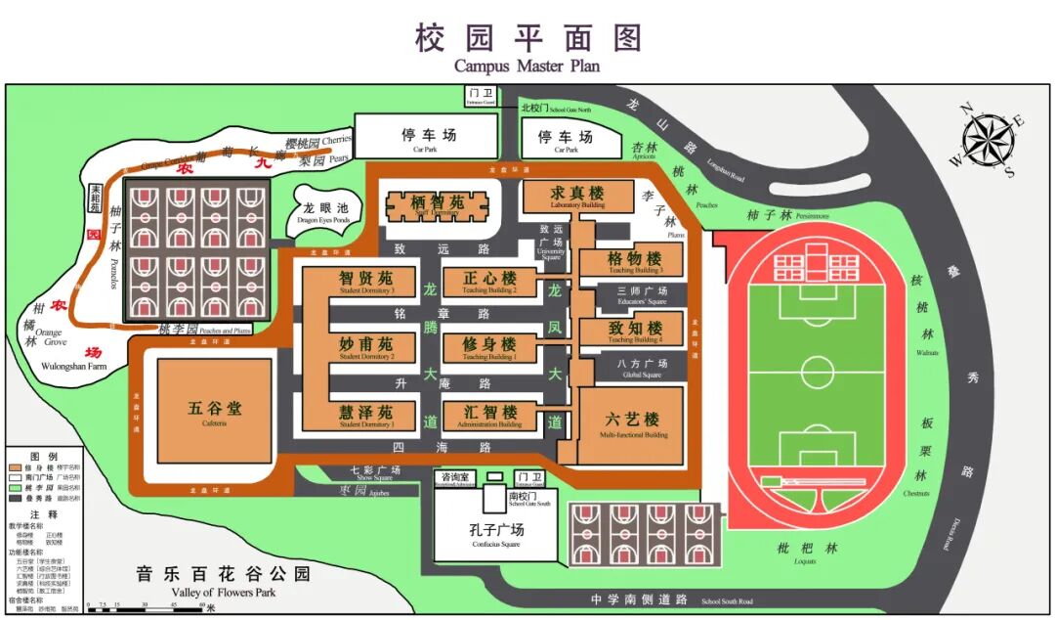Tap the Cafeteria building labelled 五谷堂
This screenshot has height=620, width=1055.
pos(215,412)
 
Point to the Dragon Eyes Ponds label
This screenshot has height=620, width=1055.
pos(323,214)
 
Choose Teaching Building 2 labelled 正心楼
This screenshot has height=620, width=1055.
pos(488,282)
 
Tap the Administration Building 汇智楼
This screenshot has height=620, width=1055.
pos(489,415)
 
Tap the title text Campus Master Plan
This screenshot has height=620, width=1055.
pos(527,66)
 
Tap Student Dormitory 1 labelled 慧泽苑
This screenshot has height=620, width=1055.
pos(365,415)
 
